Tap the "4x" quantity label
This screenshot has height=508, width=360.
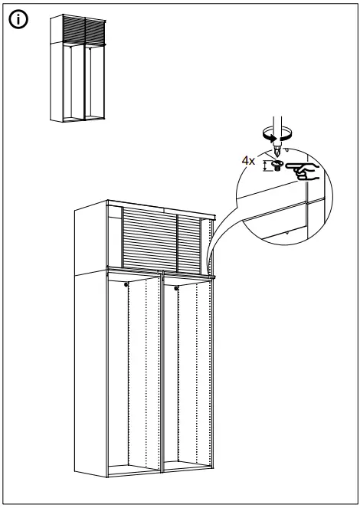coord(247,162)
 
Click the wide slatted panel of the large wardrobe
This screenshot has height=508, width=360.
coord(150,239)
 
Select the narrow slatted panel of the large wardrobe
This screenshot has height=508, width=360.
coord(189,239)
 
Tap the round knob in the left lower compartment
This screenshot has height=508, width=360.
coord(124,286)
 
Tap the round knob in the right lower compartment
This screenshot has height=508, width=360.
coord(177,288)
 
